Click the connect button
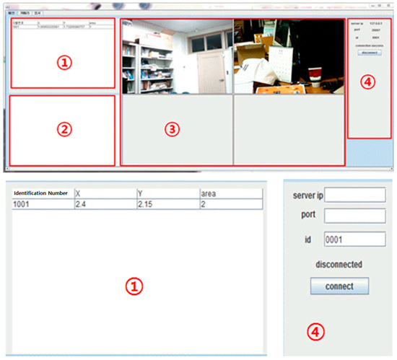[x=339, y=286]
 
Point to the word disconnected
[x=339, y=264]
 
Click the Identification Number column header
[x=41, y=193]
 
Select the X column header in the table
[x=105, y=193]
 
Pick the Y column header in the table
[x=167, y=193]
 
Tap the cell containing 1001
[x=41, y=205]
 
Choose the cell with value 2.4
[x=105, y=205]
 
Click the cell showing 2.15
[x=167, y=205]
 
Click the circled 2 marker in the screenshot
[x=64, y=130]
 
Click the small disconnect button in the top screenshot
[x=369, y=52]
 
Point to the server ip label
[x=307, y=196]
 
